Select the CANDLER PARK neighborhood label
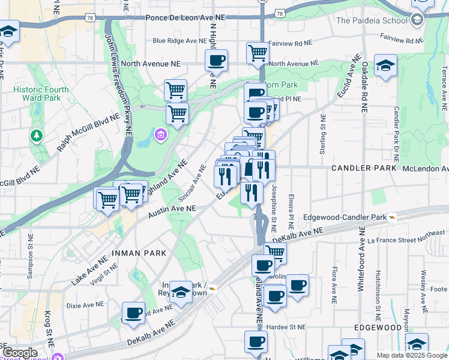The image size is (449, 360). point(364,168)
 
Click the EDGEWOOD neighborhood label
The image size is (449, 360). point(378,328)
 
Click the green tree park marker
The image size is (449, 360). point(37,136)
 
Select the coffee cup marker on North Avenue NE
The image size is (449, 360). point(216,61)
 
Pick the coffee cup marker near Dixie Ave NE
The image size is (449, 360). point(133,313)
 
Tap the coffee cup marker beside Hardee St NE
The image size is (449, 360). point(256,342)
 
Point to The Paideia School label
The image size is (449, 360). point(372,20)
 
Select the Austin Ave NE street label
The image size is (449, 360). point(172,211)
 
